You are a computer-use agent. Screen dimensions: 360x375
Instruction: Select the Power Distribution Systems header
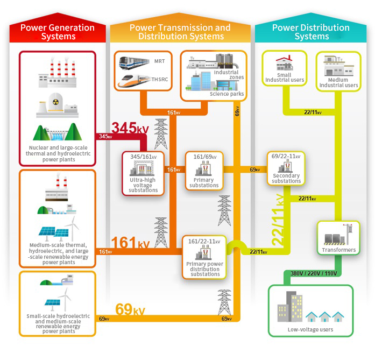pos(311,32)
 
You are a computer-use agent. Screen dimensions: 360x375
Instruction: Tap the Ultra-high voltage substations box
pos(143,174)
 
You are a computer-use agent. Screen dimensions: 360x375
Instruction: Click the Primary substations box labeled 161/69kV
pos(204,171)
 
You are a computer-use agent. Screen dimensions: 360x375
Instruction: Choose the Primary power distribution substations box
pos(204,257)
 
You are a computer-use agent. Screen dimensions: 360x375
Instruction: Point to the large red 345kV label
pos(130,129)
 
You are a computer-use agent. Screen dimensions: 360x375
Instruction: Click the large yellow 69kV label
pos(130,310)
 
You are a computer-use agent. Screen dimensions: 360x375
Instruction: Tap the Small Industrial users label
pos(285,77)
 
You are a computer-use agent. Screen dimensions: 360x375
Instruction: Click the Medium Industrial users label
pos(338,82)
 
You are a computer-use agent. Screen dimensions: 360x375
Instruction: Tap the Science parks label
pos(227,94)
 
